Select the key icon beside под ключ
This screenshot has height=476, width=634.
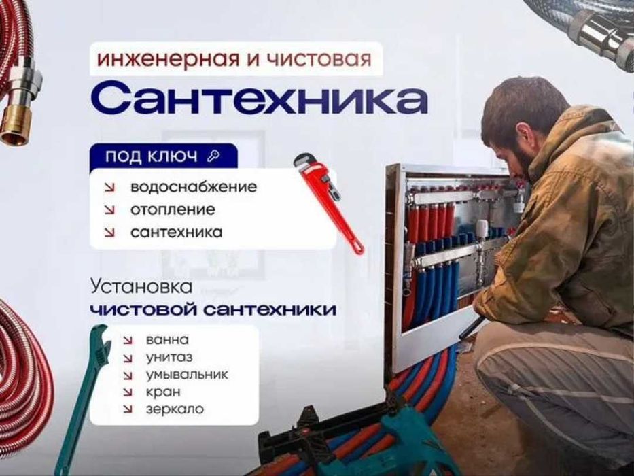pos(214,156)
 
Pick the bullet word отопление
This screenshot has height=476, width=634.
pos(173,209)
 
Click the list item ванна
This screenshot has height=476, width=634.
pos(166,340)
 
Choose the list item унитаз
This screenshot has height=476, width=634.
pos(169,357)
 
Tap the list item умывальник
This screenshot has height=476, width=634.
pos(186,375)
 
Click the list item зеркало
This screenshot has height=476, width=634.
pos(174,409)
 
